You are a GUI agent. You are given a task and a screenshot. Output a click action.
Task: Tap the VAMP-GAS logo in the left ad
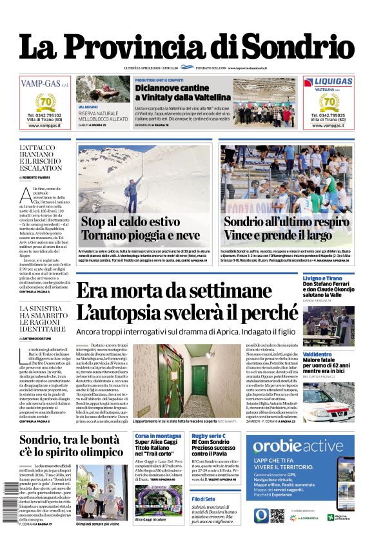[x=44, y=83]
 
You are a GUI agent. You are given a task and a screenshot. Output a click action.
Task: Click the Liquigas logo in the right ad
[x=328, y=82]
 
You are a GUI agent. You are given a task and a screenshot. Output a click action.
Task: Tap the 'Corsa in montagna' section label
[x=158, y=436]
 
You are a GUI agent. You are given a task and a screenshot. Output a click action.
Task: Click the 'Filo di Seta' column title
[x=203, y=498]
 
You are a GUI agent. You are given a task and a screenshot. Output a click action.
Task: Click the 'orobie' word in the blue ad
[x=275, y=446]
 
